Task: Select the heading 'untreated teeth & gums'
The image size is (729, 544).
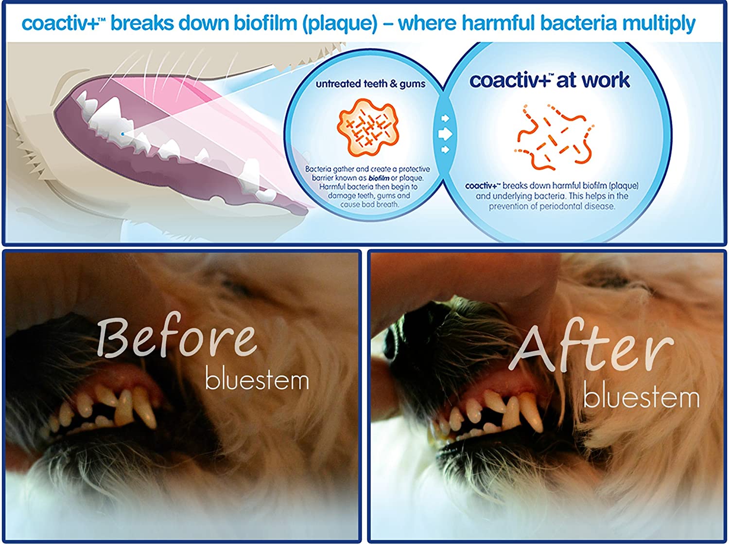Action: (370, 84)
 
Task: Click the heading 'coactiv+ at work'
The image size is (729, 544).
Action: (549, 80)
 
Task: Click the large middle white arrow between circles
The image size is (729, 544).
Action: (445, 133)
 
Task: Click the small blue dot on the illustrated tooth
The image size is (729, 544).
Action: (122, 133)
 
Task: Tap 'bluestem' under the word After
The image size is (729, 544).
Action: (641, 397)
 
